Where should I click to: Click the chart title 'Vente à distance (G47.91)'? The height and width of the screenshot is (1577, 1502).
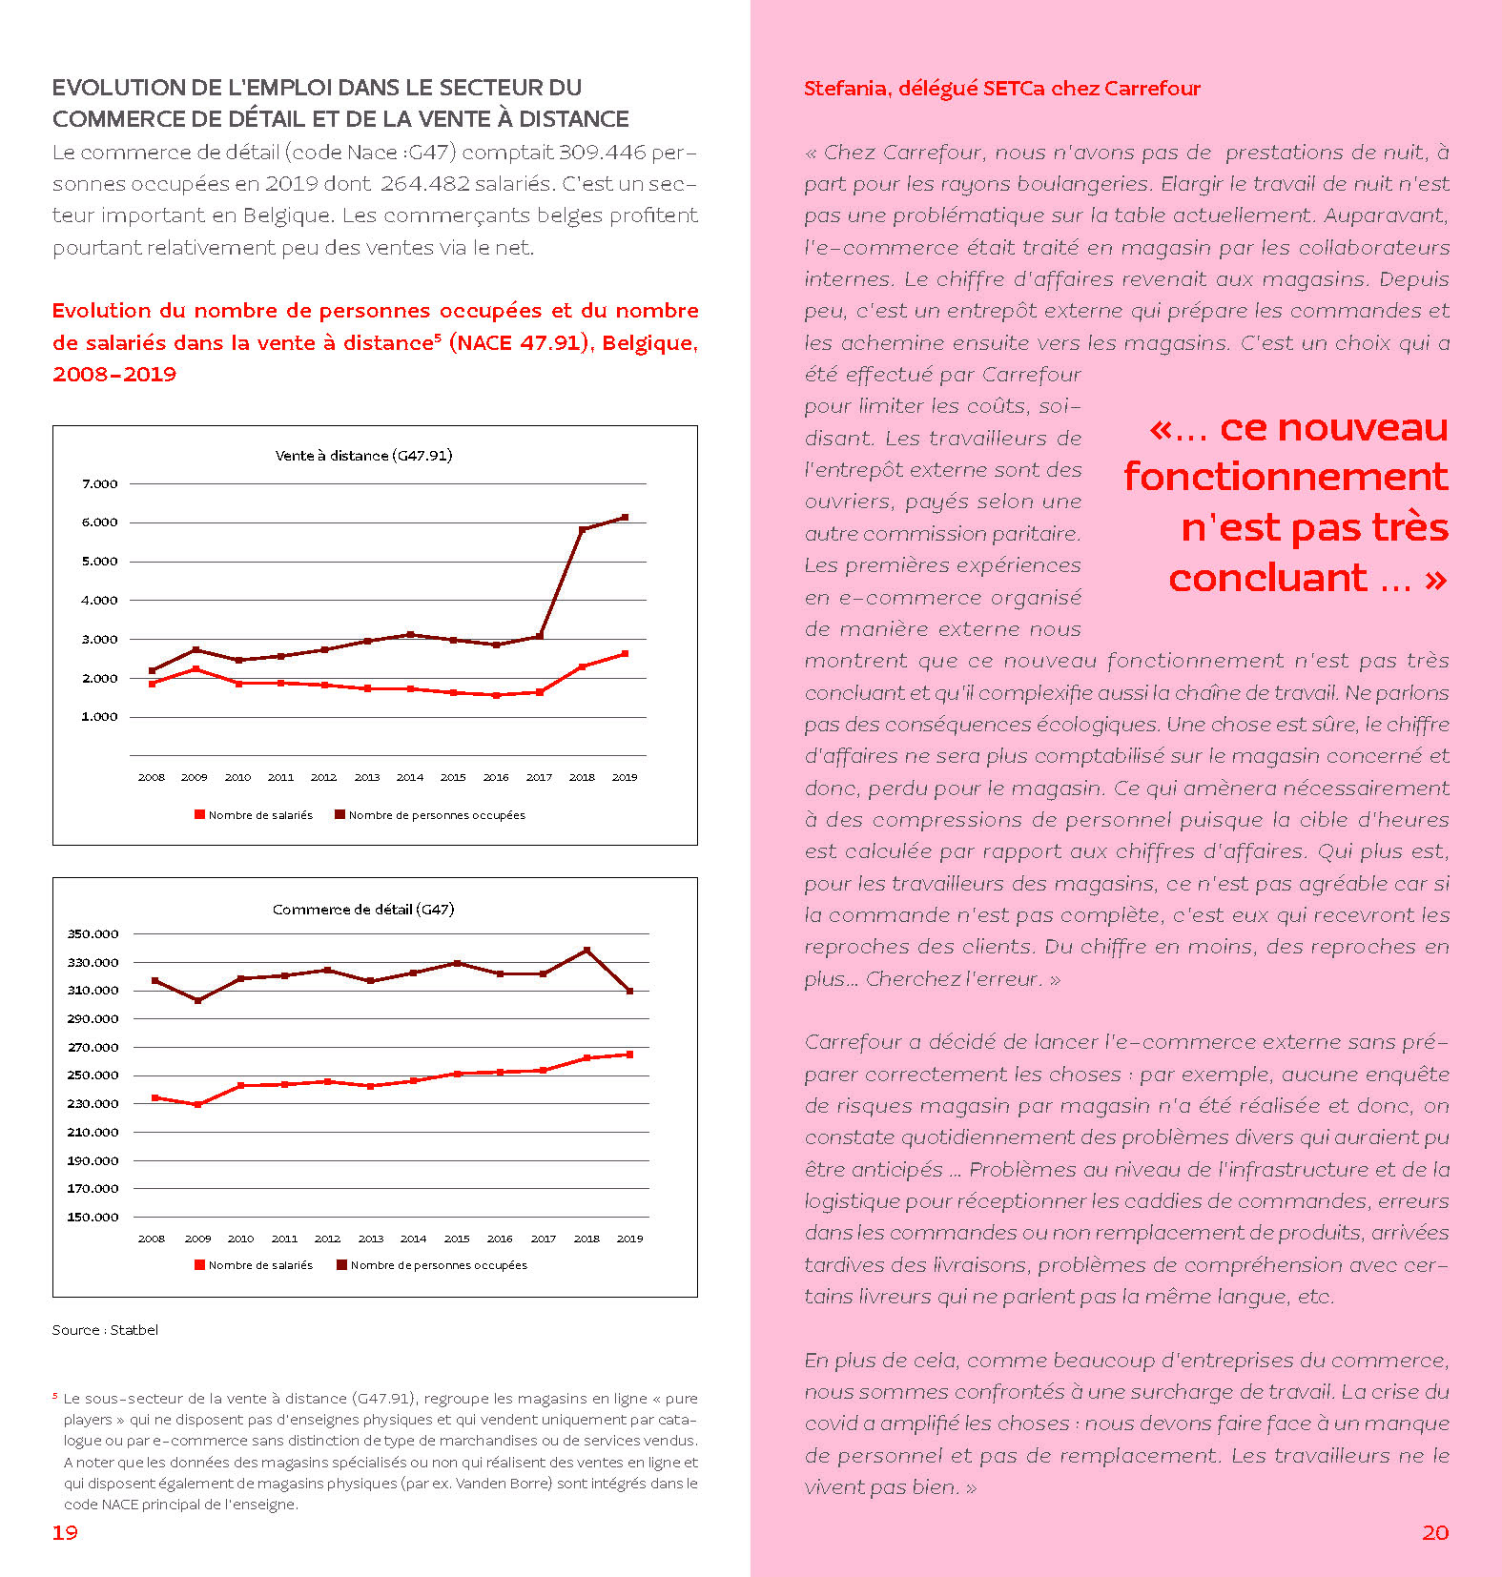(363, 456)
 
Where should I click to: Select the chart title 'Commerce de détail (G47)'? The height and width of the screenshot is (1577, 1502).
(363, 910)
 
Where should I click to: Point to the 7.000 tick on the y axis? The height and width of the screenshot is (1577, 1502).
(99, 484)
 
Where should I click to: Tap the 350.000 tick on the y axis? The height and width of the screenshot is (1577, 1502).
(93, 934)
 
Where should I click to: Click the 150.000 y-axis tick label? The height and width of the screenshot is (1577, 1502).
(93, 1218)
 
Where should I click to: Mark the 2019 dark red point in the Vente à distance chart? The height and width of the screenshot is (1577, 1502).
(625, 518)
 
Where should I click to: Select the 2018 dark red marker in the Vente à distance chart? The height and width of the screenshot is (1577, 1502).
(582, 530)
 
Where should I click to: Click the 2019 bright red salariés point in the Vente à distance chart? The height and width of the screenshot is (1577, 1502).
(625, 654)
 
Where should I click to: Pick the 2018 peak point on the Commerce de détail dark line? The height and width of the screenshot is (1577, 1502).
(586, 951)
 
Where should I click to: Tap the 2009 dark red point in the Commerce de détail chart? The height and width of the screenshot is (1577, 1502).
(198, 1000)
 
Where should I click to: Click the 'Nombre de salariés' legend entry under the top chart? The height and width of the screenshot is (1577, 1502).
(254, 815)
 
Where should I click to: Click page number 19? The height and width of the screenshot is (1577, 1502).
(65, 1532)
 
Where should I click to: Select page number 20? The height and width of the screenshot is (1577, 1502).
(1435, 1532)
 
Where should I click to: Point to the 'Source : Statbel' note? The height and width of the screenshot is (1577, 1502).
(105, 1330)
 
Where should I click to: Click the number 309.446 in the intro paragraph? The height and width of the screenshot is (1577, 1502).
(602, 153)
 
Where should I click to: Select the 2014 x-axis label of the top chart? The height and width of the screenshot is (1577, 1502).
(410, 778)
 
